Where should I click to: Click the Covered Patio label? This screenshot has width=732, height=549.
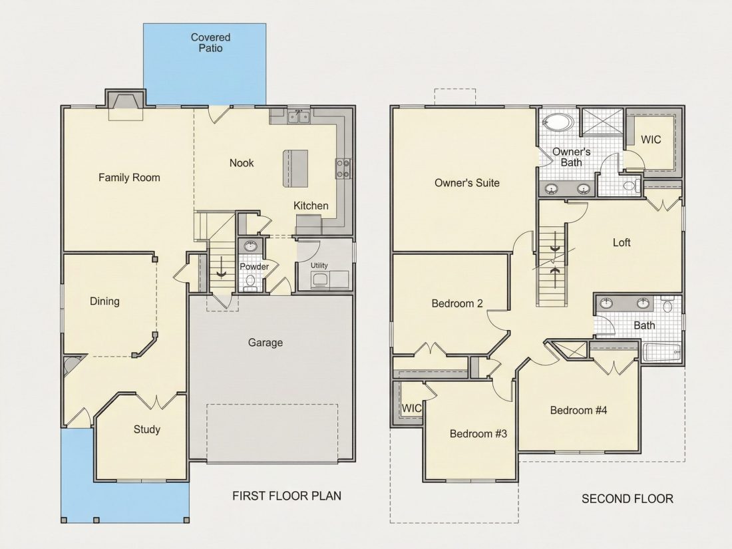(210, 43)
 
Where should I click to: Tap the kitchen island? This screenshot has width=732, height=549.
(295, 168)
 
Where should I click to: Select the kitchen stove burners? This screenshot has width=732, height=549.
(343, 168)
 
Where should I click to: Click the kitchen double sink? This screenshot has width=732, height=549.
(299, 116)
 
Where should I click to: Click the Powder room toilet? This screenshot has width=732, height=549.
(250, 281)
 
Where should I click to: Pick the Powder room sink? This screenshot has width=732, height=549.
(250, 246)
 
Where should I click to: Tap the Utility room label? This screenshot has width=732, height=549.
(319, 265)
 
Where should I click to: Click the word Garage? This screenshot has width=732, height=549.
(265, 343)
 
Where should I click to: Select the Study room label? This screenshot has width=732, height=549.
(147, 429)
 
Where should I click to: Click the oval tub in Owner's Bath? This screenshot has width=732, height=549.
(558, 123)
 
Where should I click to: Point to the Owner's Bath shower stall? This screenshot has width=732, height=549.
(602, 122)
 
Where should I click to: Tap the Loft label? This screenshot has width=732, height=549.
(622, 242)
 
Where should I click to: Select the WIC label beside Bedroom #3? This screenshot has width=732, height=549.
(411, 408)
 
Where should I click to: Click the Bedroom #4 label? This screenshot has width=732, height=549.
(578, 411)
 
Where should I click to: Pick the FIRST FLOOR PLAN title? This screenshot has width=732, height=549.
(287, 496)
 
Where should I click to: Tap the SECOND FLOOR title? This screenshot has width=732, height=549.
(627, 499)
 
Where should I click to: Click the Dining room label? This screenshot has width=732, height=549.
(104, 301)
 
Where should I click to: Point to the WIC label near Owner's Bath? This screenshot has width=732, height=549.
(651, 139)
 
